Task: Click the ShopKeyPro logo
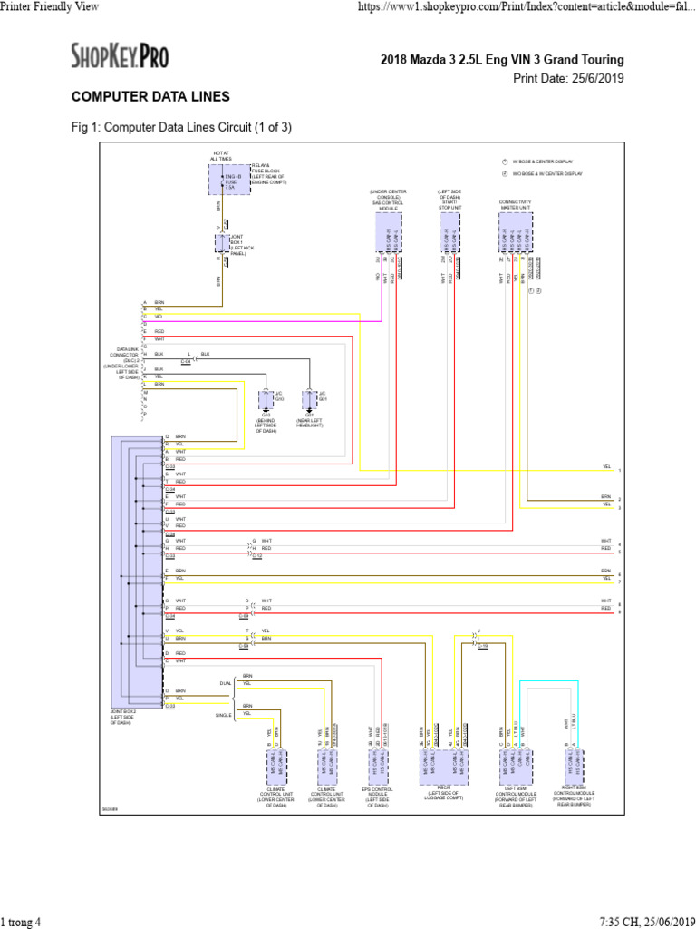click(120, 57)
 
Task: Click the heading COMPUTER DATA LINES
click(150, 96)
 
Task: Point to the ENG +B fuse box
click(230, 179)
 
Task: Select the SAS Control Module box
click(389, 233)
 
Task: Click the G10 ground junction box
click(266, 399)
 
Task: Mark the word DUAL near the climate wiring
click(225, 682)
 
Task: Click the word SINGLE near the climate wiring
click(223, 715)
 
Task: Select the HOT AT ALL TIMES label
click(220, 156)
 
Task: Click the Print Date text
click(568, 78)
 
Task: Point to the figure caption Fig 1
click(181, 126)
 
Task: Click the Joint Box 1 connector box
click(223, 244)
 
